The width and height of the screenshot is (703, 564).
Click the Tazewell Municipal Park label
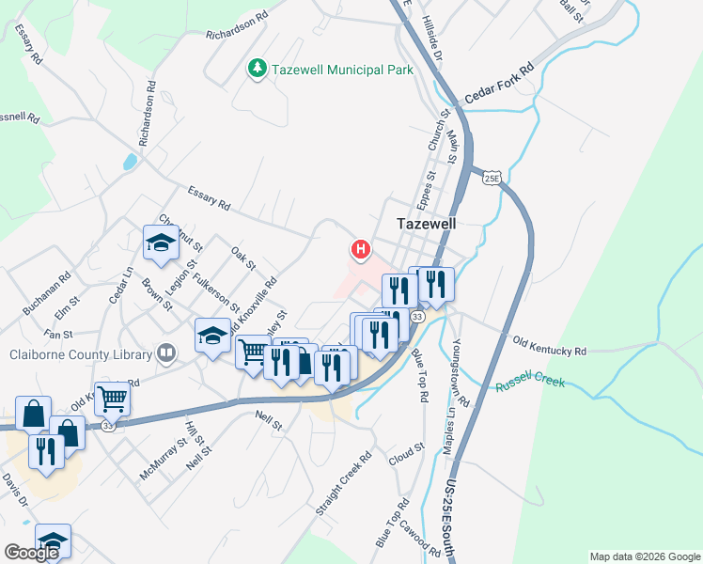(328, 70)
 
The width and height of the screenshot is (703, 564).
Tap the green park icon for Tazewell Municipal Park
(256, 69)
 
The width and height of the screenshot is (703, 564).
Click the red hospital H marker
(360, 249)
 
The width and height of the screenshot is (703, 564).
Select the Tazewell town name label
(426, 225)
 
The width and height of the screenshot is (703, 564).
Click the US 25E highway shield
(490, 177)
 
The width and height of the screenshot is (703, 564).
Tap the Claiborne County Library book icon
(166, 353)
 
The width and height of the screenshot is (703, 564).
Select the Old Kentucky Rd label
(550, 345)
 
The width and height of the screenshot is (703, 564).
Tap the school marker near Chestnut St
(161, 243)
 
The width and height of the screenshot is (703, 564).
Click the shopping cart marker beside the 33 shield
(112, 399)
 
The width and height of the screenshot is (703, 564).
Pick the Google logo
(31, 553)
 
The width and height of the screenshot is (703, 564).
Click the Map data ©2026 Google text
(644, 556)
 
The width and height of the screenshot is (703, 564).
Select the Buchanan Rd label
(48, 294)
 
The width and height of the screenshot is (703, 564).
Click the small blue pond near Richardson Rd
(129, 162)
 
